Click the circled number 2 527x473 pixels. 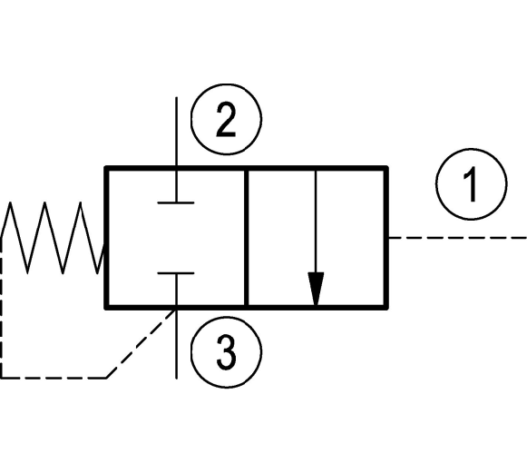click(226, 120)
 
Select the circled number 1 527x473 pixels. click(471, 184)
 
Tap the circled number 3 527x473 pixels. click(226, 352)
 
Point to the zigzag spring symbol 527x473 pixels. click(54, 238)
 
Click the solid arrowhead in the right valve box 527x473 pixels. click(316, 289)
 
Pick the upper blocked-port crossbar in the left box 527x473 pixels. click(176, 202)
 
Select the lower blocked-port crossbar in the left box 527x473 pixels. click(176, 273)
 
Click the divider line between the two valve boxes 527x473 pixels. click(247, 238)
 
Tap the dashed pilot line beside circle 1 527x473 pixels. click(458, 238)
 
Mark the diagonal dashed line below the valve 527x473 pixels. click(142, 343)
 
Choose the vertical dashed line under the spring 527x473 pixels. click(2, 308)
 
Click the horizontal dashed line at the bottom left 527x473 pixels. click(54, 378)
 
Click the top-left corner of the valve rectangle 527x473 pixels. click(106, 168)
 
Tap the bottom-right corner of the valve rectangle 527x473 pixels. click(387, 308)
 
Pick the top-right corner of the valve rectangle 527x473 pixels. click(387, 168)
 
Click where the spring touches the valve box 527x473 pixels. click(105, 244)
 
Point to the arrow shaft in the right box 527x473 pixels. click(316, 222)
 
